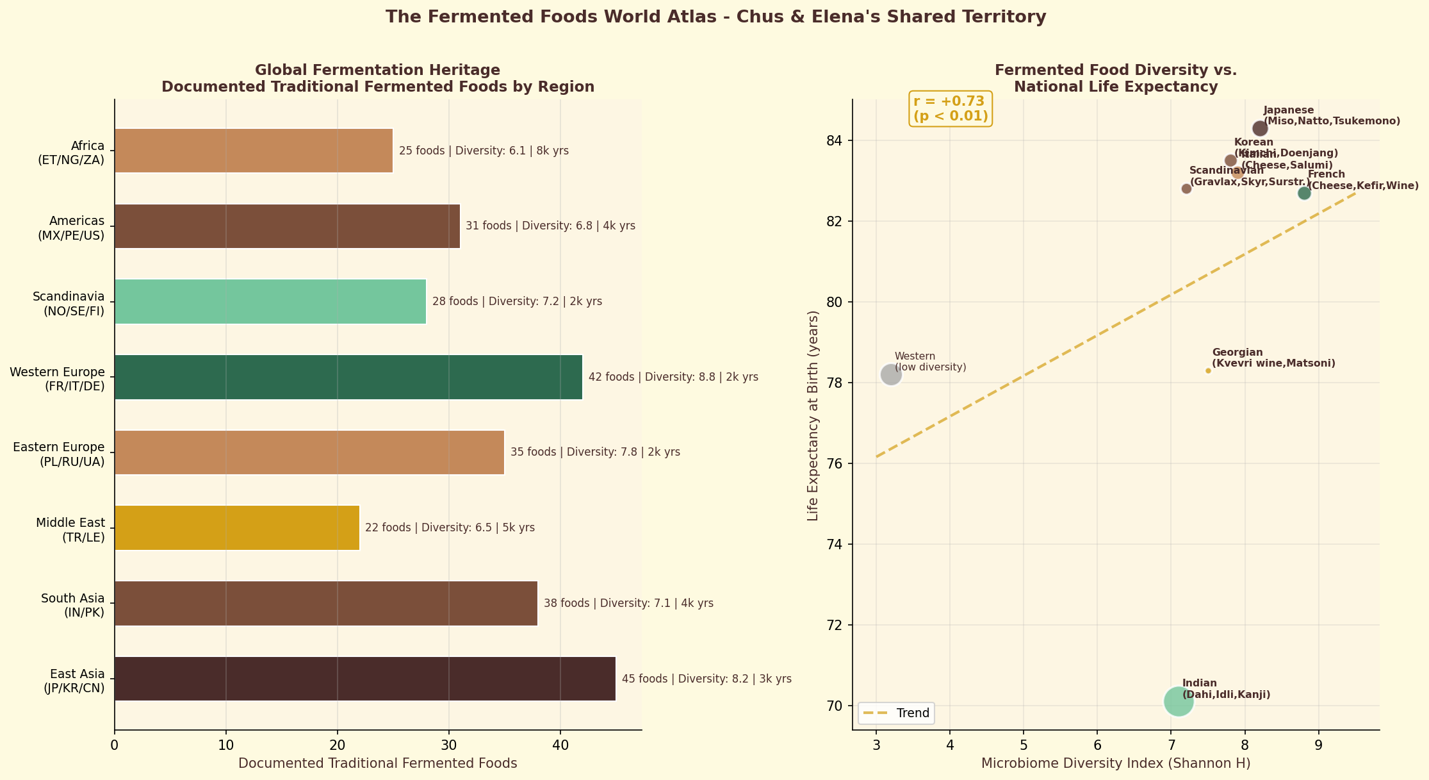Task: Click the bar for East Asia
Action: pyautogui.click(x=364, y=679)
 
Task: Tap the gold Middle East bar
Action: pyautogui.click(x=236, y=527)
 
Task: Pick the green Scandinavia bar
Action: pyautogui.click(x=270, y=301)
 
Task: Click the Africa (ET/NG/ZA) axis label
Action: pyautogui.click(x=71, y=153)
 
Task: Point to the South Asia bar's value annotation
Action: pyautogui.click(x=628, y=603)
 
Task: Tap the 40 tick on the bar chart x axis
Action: pyautogui.click(x=560, y=745)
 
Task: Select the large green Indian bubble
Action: pyautogui.click(x=1179, y=701)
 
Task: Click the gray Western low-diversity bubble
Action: pyautogui.click(x=891, y=375)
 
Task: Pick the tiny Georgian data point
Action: pyautogui.click(x=1208, y=370)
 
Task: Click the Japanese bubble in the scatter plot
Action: pyautogui.click(x=1260, y=128)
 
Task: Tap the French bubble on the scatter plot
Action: pyautogui.click(x=1304, y=193)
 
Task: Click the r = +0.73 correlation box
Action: pyautogui.click(x=951, y=109)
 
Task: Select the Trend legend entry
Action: pyautogui.click(x=897, y=713)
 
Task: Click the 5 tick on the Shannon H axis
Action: pyautogui.click(x=1024, y=745)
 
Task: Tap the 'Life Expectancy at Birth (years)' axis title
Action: pyautogui.click(x=813, y=415)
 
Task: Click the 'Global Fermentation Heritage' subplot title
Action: pyautogui.click(x=377, y=71)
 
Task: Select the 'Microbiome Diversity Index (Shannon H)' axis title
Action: pyautogui.click(x=1116, y=763)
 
